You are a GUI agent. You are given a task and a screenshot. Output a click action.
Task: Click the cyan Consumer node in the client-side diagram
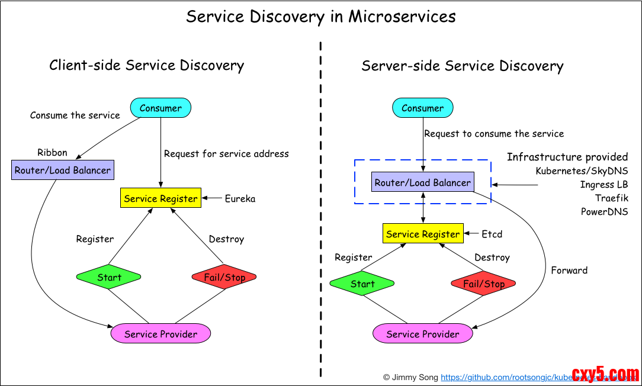[160, 108]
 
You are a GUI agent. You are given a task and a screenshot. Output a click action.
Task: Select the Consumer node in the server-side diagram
[422, 108]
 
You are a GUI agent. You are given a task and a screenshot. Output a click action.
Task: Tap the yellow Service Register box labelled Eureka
[160, 198]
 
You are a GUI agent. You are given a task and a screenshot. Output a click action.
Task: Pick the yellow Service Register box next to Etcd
[422, 234]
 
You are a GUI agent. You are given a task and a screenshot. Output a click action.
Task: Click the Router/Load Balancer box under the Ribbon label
[62, 171]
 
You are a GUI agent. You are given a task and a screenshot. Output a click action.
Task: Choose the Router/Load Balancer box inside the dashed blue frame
[422, 182]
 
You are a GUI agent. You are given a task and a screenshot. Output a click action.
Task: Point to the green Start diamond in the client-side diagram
[109, 277]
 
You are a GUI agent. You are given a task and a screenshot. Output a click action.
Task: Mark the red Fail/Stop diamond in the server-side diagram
[483, 284]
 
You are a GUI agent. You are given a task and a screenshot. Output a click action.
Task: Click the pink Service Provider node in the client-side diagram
[160, 334]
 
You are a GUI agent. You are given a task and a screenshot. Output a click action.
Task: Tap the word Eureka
[240, 199]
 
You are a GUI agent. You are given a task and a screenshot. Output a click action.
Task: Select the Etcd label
[492, 234]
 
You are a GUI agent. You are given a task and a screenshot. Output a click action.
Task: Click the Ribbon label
[52, 153]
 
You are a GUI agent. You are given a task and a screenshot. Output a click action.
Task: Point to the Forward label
[569, 270]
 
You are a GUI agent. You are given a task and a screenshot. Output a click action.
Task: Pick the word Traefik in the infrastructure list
[611, 198]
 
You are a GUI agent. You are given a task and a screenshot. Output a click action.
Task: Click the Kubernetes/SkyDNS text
[582, 171]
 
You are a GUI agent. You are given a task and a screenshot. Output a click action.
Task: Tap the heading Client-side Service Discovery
[146, 65]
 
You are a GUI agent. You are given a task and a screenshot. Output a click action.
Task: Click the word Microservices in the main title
[402, 16]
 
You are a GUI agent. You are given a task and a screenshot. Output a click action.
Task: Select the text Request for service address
[226, 154]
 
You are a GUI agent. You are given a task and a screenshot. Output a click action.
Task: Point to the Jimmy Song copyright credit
[410, 377]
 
